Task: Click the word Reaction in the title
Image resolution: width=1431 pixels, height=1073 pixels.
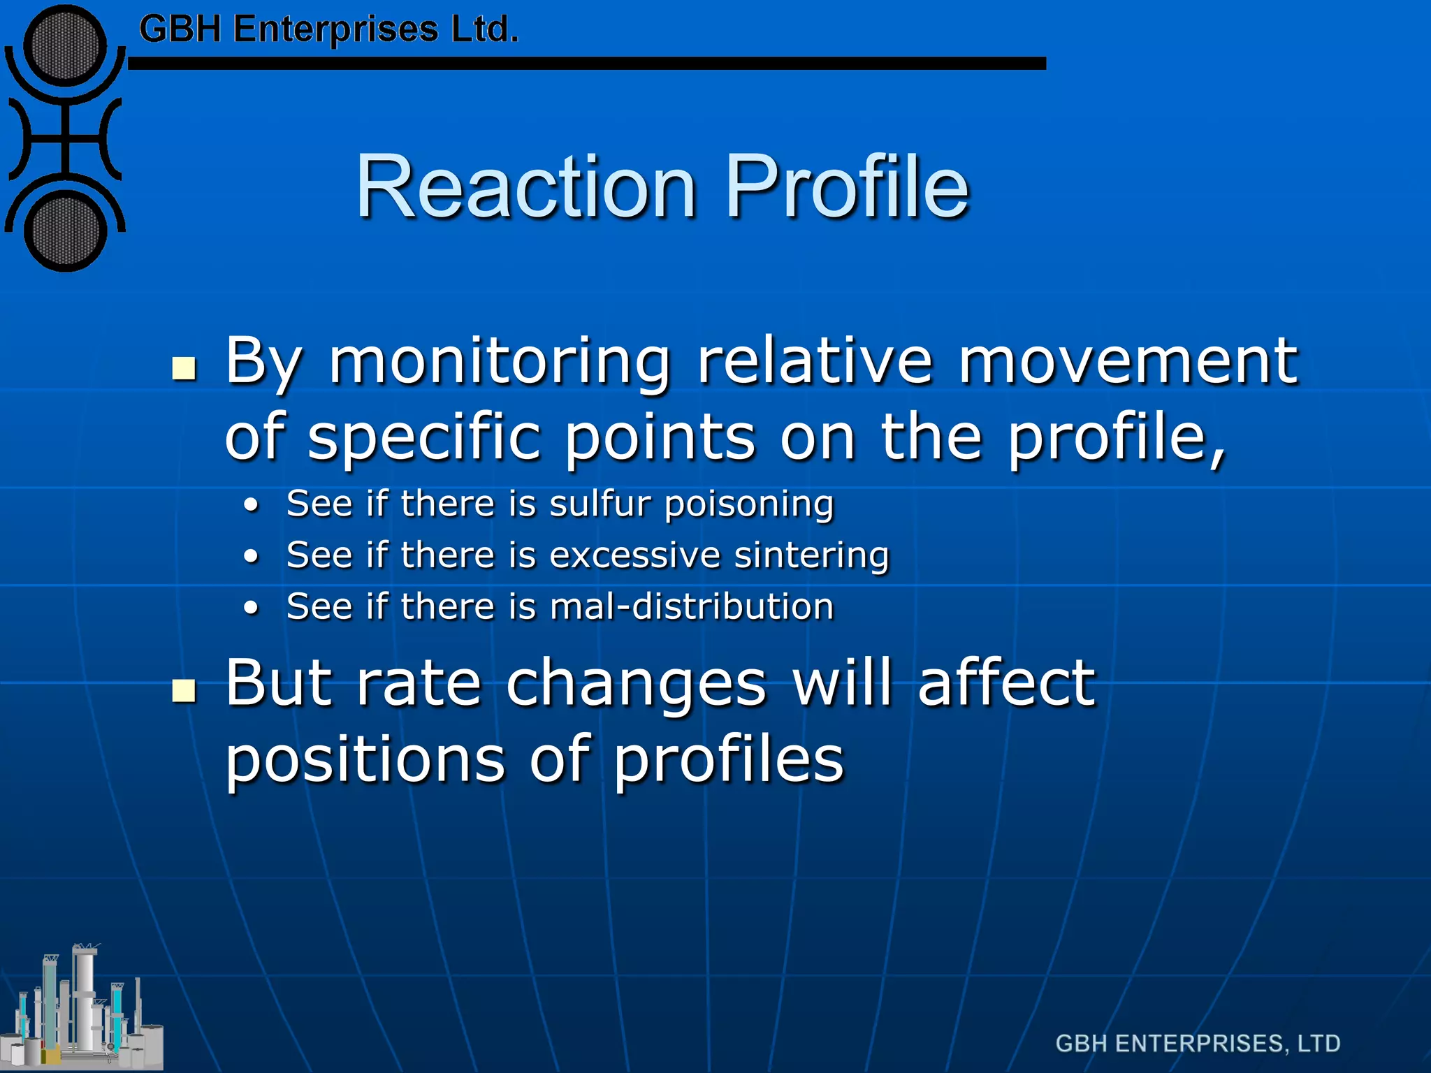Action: [x=526, y=187]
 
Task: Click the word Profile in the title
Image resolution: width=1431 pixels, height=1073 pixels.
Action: [x=847, y=187]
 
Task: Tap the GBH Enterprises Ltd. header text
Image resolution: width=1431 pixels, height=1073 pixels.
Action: [x=328, y=30]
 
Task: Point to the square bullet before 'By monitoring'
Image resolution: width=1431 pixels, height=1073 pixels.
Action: [x=184, y=368]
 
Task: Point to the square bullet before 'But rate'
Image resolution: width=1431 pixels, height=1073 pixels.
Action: [x=184, y=689]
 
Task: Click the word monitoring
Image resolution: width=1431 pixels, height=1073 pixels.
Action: [x=500, y=362]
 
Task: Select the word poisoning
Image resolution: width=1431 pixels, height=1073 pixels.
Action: [x=749, y=505]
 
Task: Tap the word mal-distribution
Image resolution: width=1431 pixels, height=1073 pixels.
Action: [x=692, y=606]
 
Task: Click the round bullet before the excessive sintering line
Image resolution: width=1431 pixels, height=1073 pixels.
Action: [x=252, y=557]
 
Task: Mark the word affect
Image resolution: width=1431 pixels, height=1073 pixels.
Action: [x=1006, y=683]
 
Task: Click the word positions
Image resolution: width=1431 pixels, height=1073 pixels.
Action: [x=365, y=761]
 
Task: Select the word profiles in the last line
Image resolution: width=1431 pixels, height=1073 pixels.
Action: [x=729, y=761]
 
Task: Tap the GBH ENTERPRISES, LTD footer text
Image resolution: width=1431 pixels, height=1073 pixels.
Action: [x=1198, y=1044]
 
